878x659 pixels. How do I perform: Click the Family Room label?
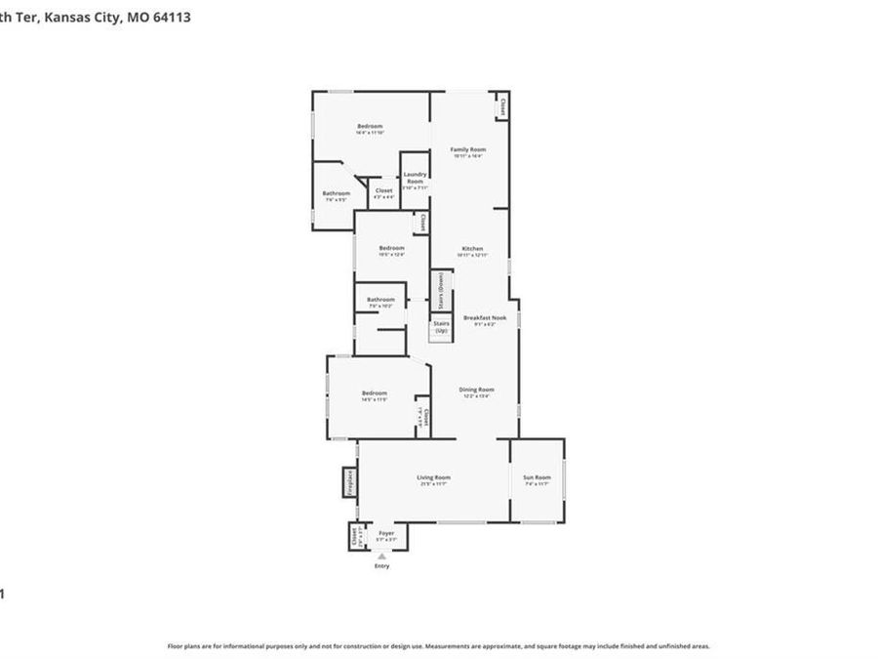pyautogui.click(x=467, y=149)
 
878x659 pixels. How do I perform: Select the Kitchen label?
pyautogui.click(x=472, y=249)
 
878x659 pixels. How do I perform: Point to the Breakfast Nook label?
pyautogui.click(x=485, y=318)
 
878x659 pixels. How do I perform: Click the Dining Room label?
pyautogui.click(x=477, y=390)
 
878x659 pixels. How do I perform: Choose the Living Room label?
pyautogui.click(x=435, y=477)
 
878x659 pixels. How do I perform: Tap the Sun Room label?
pyautogui.click(x=538, y=477)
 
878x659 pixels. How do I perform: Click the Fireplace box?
pyautogui.click(x=348, y=482)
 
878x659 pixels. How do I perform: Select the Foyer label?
pyautogui.click(x=386, y=534)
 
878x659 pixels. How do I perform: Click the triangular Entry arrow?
pyautogui.click(x=381, y=556)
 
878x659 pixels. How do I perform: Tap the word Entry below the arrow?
pyautogui.click(x=381, y=566)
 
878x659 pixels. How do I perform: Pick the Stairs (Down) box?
pyautogui.click(x=441, y=290)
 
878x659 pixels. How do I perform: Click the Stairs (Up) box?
pyautogui.click(x=441, y=326)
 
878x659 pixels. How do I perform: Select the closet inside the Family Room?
pyautogui.click(x=502, y=105)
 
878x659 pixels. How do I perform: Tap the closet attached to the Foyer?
pyautogui.click(x=354, y=537)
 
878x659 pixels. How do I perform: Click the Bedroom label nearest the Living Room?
pyautogui.click(x=375, y=392)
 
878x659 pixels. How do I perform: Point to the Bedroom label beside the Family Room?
pyautogui.click(x=370, y=126)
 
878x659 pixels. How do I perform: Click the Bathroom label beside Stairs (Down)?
pyautogui.click(x=380, y=300)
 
